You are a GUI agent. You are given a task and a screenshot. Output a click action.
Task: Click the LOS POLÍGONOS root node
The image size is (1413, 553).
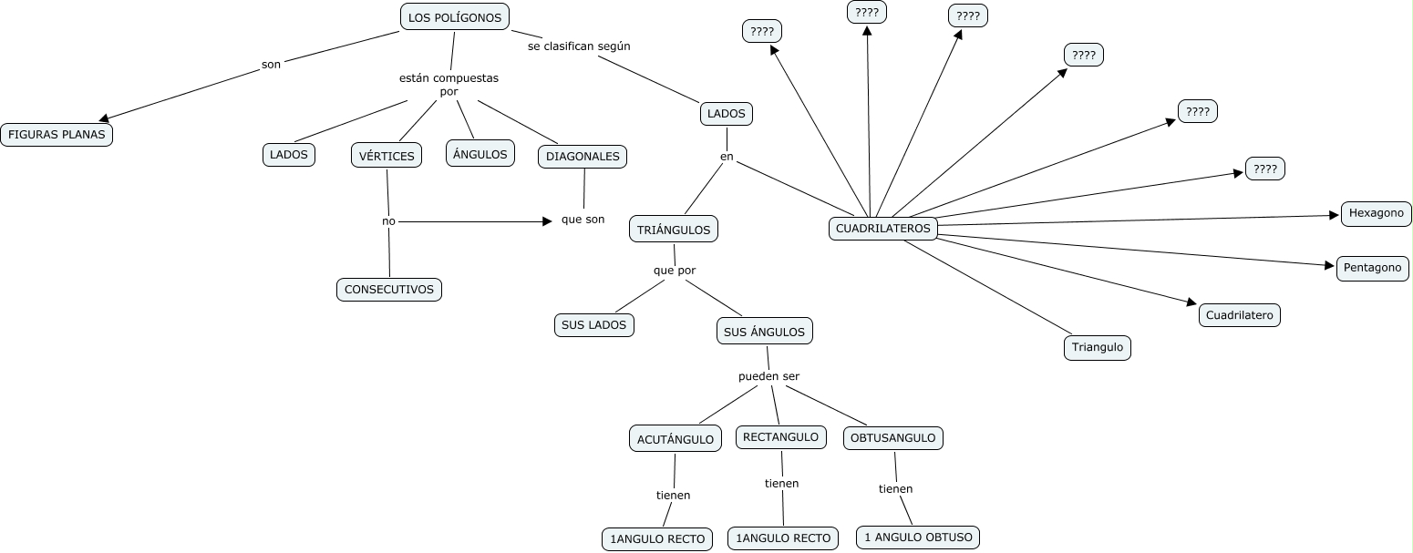point(454,17)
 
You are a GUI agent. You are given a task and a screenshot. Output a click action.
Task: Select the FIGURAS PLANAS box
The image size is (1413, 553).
point(57,135)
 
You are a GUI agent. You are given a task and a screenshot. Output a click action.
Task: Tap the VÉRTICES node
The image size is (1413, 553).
point(387,156)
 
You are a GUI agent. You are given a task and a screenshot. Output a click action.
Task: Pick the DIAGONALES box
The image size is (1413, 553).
point(583,157)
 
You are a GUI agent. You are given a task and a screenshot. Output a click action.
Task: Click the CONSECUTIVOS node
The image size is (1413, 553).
point(389,290)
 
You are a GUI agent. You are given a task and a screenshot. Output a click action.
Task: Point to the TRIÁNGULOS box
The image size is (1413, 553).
point(674,230)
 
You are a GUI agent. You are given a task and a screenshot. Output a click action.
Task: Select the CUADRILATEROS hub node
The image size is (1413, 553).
point(883,229)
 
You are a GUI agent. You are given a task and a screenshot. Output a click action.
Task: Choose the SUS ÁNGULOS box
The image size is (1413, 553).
point(764,332)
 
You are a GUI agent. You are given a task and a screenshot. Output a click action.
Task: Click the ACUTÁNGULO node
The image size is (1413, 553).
point(675,439)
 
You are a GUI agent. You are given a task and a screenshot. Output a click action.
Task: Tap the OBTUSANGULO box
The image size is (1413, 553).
point(892,438)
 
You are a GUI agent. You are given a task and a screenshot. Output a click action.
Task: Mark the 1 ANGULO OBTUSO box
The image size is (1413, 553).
point(918,538)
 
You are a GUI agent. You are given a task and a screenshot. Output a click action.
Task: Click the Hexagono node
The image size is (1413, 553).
point(1377,214)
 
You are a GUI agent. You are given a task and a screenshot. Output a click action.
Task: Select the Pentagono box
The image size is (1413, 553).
point(1372,269)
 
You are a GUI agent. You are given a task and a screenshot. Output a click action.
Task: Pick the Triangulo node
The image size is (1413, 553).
point(1098,348)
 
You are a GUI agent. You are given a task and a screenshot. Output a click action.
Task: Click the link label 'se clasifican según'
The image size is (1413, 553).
point(579,46)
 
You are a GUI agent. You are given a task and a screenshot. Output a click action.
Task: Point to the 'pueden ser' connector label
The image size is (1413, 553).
point(768,376)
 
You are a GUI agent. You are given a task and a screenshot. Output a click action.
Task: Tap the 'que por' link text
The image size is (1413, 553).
point(675,271)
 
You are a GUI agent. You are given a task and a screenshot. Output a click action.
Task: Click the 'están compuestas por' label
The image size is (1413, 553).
point(449,85)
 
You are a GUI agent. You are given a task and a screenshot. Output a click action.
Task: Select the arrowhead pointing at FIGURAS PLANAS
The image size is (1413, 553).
point(105,118)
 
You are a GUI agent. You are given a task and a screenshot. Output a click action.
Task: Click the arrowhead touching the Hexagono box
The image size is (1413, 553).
point(1335,216)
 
